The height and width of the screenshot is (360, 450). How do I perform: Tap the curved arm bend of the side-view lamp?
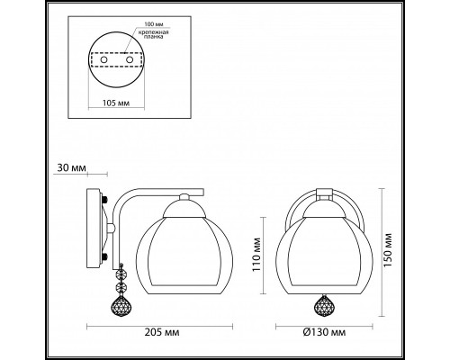point(130,199)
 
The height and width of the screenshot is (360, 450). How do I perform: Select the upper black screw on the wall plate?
point(105,201)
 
